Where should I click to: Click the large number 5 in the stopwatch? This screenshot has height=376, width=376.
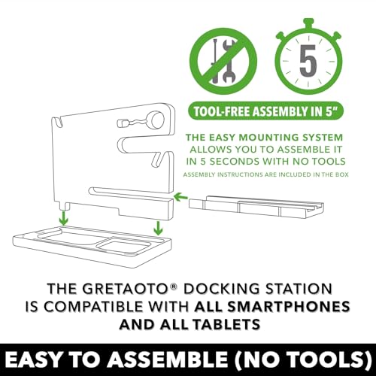click(308, 61)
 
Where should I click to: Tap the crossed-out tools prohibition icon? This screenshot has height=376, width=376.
click(223, 61)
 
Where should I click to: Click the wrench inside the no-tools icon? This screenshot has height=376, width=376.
click(228, 62)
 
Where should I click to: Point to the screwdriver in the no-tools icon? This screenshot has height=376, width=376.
click(215, 60)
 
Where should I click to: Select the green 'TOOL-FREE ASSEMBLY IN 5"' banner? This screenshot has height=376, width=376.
click(265, 111)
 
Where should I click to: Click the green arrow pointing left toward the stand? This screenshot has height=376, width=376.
click(181, 197)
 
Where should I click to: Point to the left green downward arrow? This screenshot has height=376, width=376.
click(64, 218)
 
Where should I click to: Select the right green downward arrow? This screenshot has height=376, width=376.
click(158, 228)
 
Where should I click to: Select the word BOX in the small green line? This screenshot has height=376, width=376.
click(342, 174)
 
